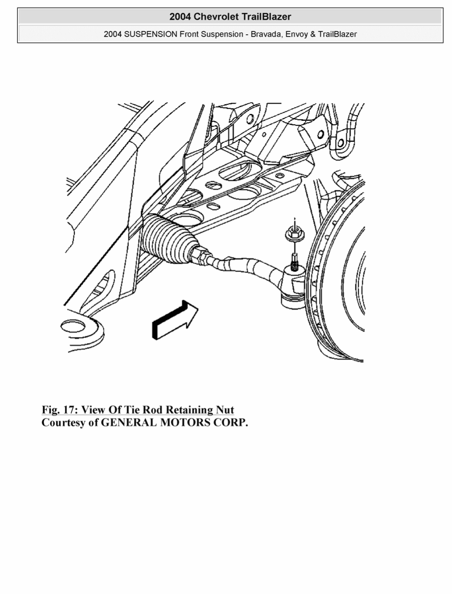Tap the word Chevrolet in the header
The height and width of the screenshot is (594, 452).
coord(216,17)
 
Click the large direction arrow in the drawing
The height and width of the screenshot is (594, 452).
coord(175,320)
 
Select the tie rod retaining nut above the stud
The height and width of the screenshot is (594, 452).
coord(294,234)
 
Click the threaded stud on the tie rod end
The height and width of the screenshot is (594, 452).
coord(294,261)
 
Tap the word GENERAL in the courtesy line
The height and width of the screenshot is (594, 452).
coord(129,422)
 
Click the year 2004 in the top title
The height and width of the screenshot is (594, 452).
coord(180,17)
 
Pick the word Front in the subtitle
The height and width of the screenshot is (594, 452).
coord(189,34)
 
